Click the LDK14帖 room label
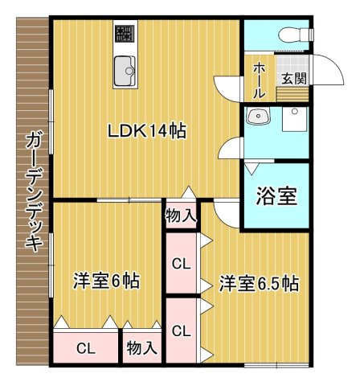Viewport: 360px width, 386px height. coord(148,130)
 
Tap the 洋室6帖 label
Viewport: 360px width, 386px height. coord(107,281)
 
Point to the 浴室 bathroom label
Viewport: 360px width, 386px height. coord(276,197)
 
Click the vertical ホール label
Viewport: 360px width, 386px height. coord(259,81)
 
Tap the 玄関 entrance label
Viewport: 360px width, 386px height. coord(292,78)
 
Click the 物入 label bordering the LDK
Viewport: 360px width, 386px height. coord(181,215)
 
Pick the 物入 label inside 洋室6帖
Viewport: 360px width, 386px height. coord(141,349)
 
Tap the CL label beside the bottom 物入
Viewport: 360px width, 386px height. coord(85,349)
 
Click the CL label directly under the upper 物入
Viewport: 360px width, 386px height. coord(181,262)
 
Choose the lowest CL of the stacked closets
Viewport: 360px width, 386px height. coord(181,330)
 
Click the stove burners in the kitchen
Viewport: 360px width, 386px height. coord(125,33)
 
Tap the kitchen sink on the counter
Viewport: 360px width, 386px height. coord(125,69)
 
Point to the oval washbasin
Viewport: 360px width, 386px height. coord(260,117)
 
